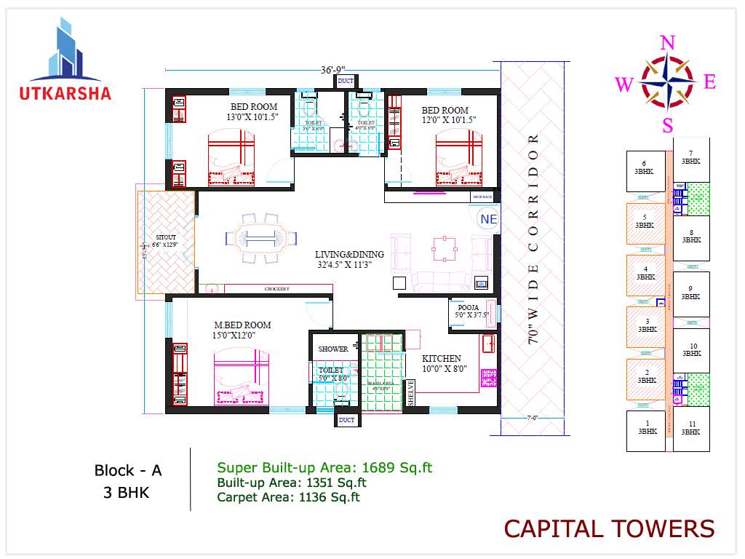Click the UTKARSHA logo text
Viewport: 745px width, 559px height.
tap(65, 93)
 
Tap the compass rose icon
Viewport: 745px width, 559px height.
tap(666, 83)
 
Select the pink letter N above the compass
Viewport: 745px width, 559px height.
tap(667, 43)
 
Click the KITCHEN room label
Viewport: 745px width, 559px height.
tap(442, 358)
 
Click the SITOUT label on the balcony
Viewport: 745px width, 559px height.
tap(166, 237)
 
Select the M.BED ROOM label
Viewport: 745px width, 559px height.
tap(242, 325)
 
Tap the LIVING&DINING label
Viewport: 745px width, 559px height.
tap(349, 255)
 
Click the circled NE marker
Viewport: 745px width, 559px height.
tap(487, 218)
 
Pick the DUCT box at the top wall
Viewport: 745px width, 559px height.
tap(346, 81)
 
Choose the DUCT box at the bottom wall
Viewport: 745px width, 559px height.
tap(346, 420)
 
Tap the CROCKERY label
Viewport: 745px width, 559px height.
tap(276, 289)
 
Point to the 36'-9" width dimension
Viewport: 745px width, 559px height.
tap(332, 70)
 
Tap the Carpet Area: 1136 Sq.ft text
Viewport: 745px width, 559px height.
tap(289, 497)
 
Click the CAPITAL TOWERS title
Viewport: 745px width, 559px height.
tap(609, 528)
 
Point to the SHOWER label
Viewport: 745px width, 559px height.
tap(333, 349)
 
